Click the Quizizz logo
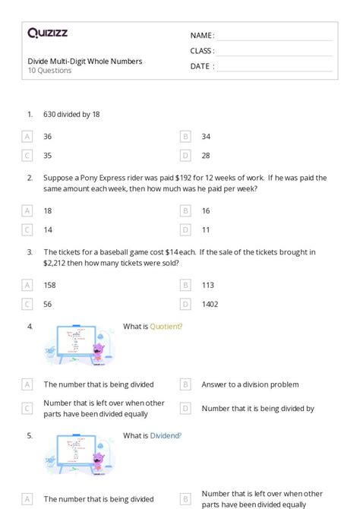coord(47,33)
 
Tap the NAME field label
coord(202,36)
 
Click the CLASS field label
coord(202,51)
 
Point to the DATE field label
coord(201,66)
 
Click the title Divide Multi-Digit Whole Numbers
coord(84,61)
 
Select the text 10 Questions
coord(49,71)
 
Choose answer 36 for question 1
coord(48,137)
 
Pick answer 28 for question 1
coord(206,156)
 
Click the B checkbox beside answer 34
coord(185,137)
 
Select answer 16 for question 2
coord(206,210)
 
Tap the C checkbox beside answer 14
coord(27,229)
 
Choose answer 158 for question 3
coord(49,285)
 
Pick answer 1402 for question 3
coord(210,304)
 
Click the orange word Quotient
coord(166,327)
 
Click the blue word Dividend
coord(166,436)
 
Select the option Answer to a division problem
coord(250,384)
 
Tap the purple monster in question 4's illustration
coord(98,352)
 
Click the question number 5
coord(30,436)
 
